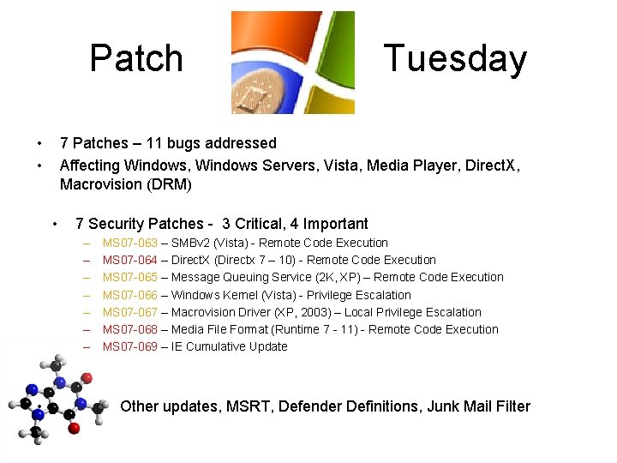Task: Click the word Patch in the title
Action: [136, 58]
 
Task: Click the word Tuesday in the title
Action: [455, 58]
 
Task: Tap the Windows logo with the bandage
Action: [292, 63]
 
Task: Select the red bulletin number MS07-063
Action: [130, 244]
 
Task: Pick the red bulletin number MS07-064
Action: [130, 261]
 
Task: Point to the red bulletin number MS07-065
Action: [130, 278]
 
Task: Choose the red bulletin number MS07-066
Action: [130, 295]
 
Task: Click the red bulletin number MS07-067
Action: [130, 312]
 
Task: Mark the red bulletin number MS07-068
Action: [130, 329]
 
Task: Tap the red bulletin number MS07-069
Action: [130, 346]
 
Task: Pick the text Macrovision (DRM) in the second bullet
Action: [126, 183]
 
